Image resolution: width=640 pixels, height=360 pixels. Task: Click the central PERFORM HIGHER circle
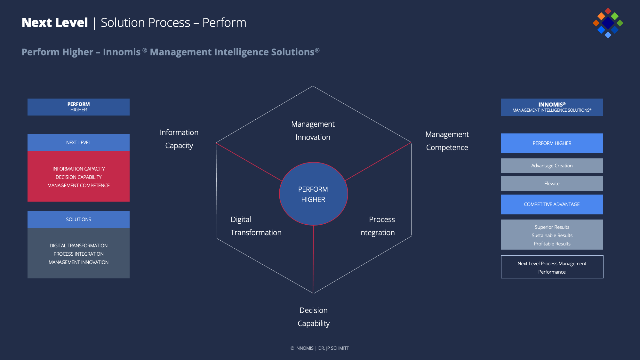tap(314, 194)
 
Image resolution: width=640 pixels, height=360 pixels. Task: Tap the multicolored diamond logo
tap(608, 23)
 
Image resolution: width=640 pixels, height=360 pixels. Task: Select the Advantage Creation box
tap(552, 166)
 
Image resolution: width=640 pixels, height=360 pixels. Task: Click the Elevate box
tap(552, 184)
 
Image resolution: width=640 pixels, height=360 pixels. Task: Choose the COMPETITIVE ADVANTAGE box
tap(552, 204)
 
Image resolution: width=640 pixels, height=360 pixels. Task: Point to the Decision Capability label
tap(314, 317)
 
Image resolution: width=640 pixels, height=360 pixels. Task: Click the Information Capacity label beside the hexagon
tap(179, 139)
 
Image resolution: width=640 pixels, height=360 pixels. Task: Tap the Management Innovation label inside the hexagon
tap(313, 131)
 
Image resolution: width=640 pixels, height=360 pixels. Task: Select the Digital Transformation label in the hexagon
tap(256, 226)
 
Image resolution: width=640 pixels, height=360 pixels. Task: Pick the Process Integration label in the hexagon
tap(377, 226)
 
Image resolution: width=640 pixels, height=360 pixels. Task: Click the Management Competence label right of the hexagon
tap(447, 141)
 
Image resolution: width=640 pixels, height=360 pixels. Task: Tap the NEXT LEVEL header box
tap(78, 142)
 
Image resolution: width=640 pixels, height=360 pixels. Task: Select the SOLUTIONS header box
tap(78, 220)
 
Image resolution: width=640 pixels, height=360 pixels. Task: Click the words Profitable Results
tap(552, 244)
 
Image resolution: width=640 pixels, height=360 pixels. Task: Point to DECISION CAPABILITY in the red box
tap(78, 177)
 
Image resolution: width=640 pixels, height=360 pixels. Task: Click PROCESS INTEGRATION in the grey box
tap(78, 254)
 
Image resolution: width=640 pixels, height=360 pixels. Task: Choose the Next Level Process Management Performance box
tap(552, 267)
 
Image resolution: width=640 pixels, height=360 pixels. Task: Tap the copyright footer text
tap(320, 348)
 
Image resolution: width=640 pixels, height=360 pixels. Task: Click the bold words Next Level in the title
tap(55, 23)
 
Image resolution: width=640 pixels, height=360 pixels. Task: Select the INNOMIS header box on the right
tap(552, 107)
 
